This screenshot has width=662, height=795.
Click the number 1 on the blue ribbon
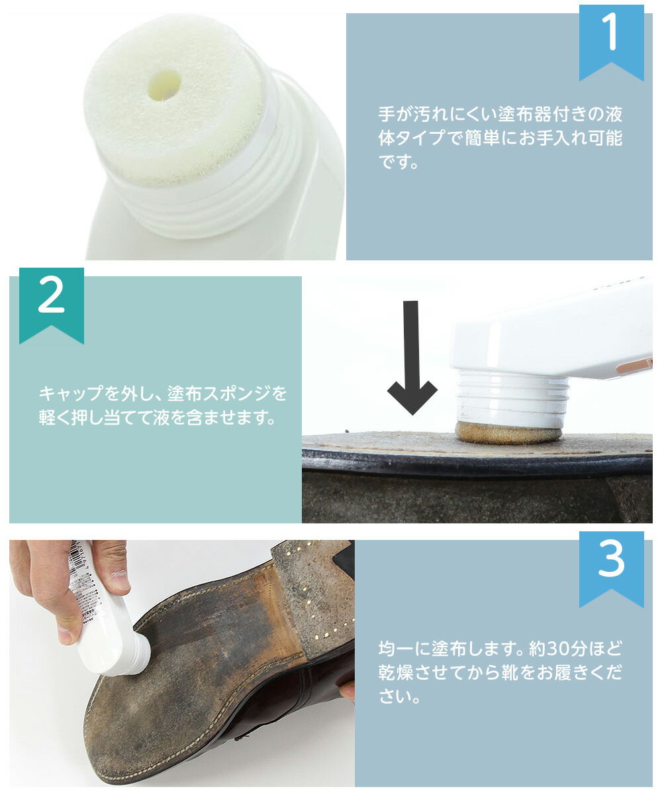pos(610,32)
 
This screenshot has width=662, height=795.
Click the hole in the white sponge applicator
pos(164,85)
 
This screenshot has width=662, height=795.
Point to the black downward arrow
pos(412,358)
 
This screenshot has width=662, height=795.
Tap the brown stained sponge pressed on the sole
pos(508,433)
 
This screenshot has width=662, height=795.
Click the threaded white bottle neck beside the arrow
pos(513,397)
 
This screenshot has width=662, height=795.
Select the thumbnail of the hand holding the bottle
pos(120,580)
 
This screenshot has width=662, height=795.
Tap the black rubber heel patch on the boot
pos(345,560)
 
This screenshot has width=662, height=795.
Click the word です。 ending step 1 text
pos(399,162)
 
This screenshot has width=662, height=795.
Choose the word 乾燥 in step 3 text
pos(396,673)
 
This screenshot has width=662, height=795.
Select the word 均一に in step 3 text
pos(404,649)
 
